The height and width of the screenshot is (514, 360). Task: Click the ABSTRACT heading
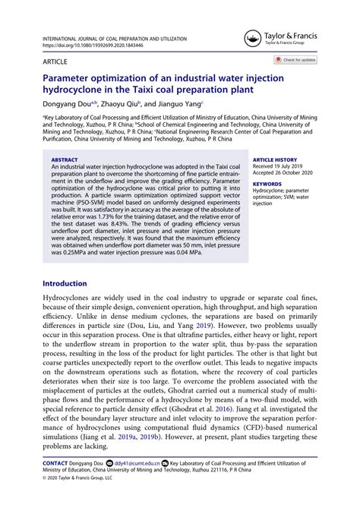click(x=64, y=160)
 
